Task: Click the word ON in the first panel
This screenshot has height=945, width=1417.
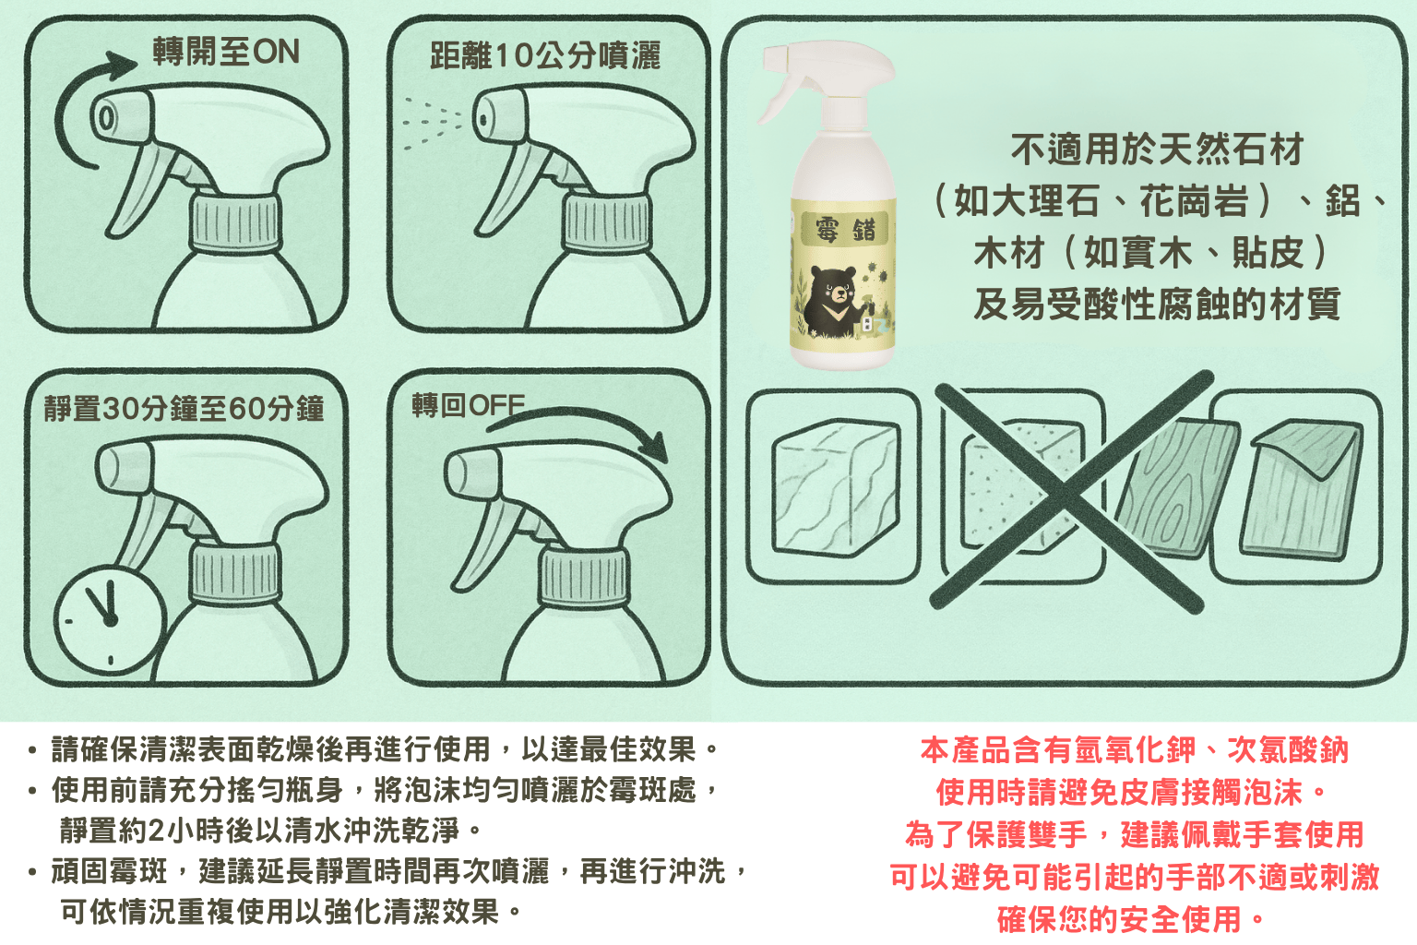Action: coord(276,52)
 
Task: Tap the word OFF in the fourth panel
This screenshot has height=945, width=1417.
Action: coord(497,405)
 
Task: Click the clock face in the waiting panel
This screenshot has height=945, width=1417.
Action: coord(110,619)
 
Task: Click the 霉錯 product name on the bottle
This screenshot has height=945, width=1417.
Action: coord(845,229)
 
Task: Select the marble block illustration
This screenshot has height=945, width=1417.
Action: coord(835,486)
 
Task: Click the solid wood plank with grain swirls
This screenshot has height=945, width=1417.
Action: coord(1175,488)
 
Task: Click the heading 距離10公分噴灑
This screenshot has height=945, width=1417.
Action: coord(544,55)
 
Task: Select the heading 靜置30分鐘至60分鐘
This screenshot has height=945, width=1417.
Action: coord(184,408)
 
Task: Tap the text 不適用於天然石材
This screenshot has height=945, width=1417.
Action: coord(1158,150)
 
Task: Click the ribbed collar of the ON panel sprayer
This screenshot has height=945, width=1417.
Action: coord(235,224)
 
